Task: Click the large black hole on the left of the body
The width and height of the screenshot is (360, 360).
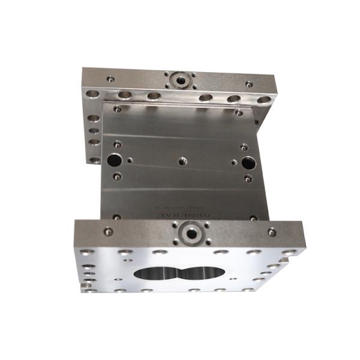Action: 113,160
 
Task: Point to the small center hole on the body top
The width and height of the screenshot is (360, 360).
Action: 182,161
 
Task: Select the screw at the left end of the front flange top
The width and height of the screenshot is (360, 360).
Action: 108,231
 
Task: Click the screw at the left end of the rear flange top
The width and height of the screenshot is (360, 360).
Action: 110,78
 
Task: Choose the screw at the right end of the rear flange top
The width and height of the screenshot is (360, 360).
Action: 250,85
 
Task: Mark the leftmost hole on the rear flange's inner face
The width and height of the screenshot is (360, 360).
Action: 93,94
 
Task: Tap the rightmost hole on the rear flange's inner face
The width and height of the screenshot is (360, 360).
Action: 264,100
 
